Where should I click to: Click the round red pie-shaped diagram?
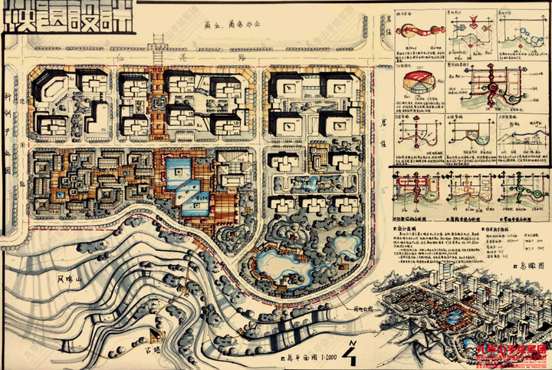point(417,81)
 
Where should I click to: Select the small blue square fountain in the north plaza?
point(158,101)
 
